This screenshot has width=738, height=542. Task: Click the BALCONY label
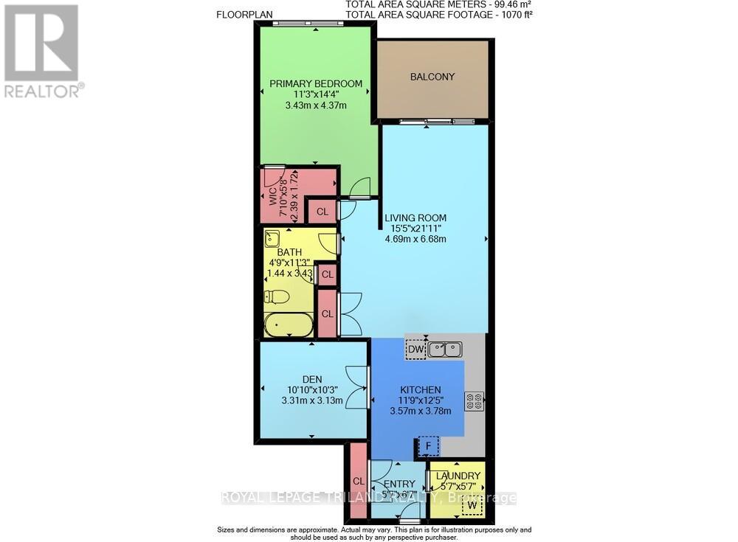(432, 77)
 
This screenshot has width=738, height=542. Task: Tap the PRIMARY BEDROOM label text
(316, 84)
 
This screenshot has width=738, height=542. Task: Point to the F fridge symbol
(427, 446)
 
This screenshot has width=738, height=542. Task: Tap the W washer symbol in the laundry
(472, 505)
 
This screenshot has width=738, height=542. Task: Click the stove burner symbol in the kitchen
(473, 402)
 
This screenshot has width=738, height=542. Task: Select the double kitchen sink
(446, 349)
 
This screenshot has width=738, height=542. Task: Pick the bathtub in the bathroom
(289, 324)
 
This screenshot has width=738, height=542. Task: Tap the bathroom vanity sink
(273, 238)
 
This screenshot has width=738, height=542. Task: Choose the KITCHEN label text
(421, 390)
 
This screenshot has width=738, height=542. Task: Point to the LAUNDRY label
(458, 476)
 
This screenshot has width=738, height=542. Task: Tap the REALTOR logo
(41, 50)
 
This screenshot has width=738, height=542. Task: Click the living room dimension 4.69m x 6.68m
(415, 239)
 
